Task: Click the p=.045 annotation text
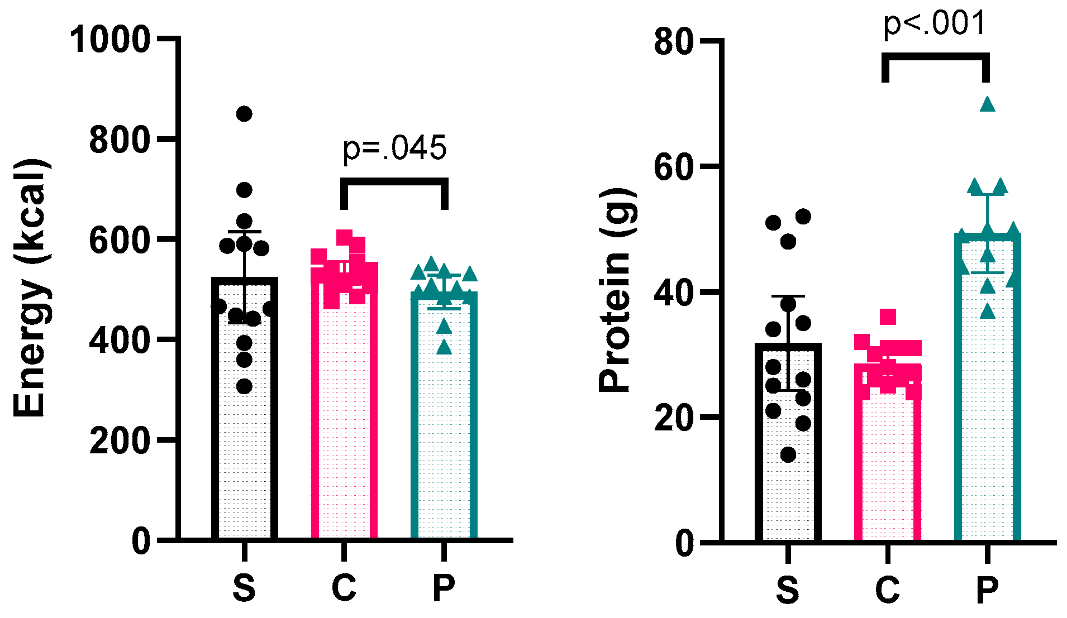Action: click(394, 149)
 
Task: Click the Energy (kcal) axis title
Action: click(30, 288)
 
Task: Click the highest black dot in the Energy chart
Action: click(244, 114)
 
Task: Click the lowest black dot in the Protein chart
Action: click(788, 455)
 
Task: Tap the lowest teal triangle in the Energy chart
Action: click(444, 348)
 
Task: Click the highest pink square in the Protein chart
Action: click(888, 317)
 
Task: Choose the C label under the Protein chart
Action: click(887, 590)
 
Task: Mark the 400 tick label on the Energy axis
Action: click(120, 339)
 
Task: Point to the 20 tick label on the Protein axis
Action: click(673, 418)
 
